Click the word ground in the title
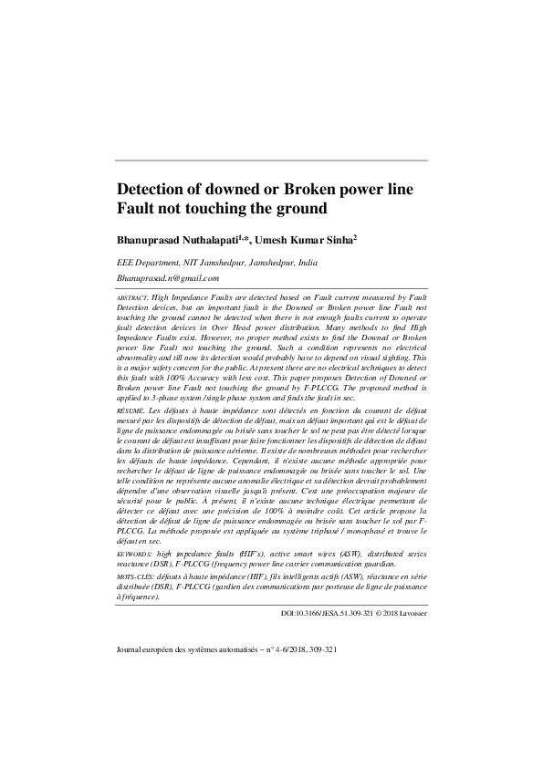click(298, 209)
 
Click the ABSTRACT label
click(132, 298)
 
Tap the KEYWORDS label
click(134, 553)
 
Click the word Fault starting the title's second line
click(137, 209)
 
